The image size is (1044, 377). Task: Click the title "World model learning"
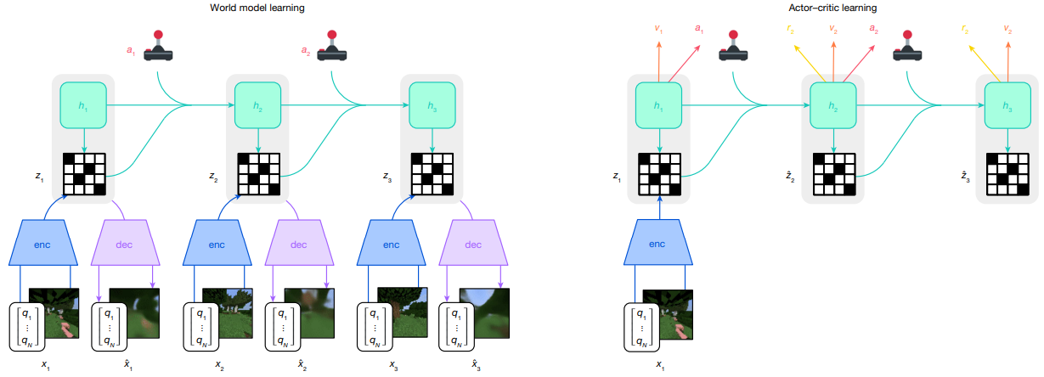[257, 8]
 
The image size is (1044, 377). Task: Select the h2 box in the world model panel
[257, 105]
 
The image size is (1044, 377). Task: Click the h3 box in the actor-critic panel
[1007, 105]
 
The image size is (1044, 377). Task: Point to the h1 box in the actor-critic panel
[660, 105]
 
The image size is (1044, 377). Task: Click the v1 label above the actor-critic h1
[658, 29]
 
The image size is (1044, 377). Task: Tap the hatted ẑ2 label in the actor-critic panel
[789, 178]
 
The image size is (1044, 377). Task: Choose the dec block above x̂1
[125, 245]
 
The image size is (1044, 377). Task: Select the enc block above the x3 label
[390, 245]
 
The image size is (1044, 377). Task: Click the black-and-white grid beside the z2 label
[257, 173]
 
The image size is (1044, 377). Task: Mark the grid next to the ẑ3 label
[1007, 173]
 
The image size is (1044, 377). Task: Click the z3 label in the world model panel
[387, 178]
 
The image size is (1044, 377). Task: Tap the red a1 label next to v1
[699, 29]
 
